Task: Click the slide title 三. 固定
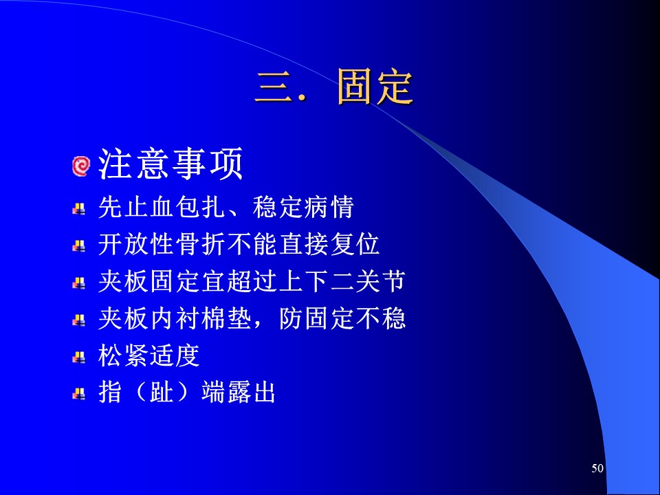(334, 87)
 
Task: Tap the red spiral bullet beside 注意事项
(81, 166)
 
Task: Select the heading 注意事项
(171, 164)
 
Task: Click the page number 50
(597, 468)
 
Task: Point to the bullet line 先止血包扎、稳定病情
(226, 207)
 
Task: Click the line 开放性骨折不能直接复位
(239, 244)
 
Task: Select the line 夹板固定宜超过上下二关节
(252, 281)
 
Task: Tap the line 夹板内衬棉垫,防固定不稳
(252, 318)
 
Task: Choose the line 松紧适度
(148, 355)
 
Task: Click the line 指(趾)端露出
(187, 393)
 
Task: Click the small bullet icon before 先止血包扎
(78, 209)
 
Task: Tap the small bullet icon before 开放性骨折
(78, 246)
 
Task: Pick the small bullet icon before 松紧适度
(78, 357)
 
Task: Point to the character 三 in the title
(274, 87)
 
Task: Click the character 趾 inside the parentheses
(161, 393)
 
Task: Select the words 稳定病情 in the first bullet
(303, 207)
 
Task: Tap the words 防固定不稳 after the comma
(342, 318)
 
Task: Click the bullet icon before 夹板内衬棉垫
(78, 320)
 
